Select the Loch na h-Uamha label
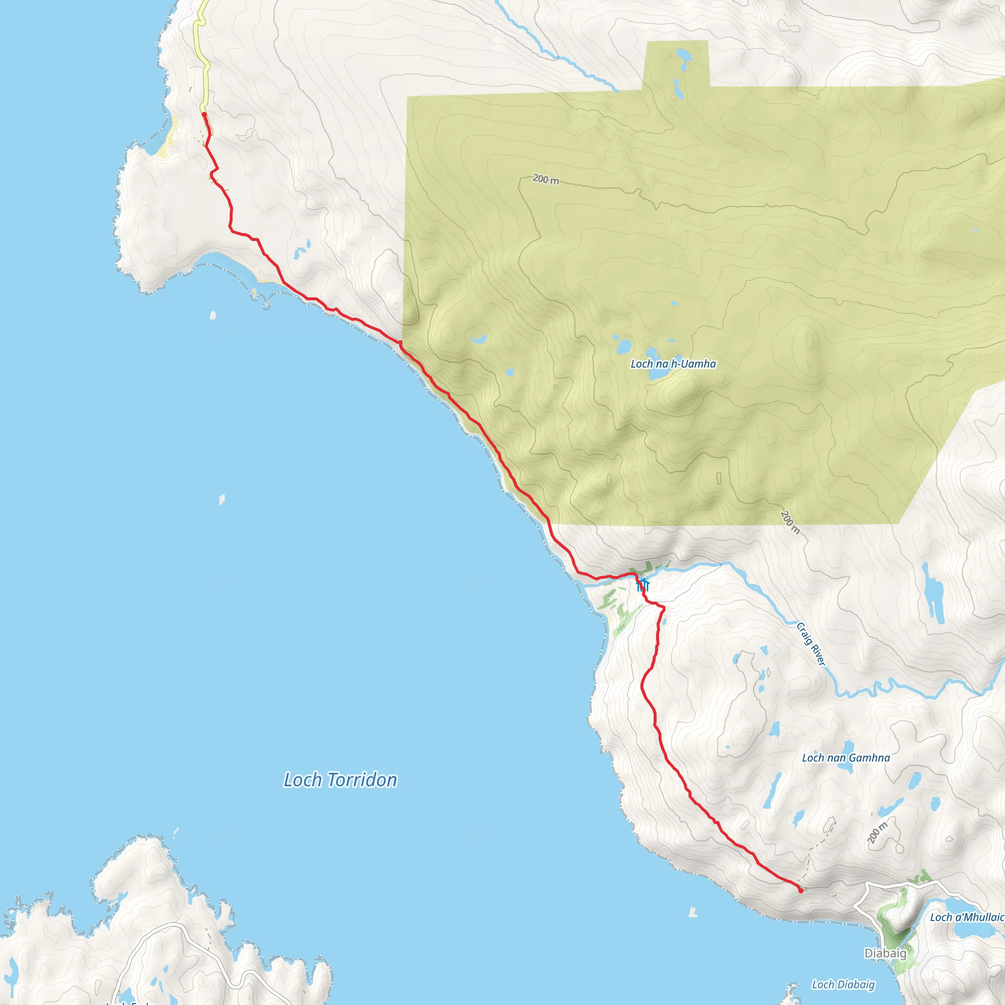pos(673,364)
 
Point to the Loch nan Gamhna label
pos(846,758)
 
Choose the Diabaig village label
pos(885,953)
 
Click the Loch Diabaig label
pos(843,984)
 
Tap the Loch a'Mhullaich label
pos(967,917)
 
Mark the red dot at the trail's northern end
pos(204,114)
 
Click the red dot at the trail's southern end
pos(800,891)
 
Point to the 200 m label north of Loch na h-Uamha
pos(546,180)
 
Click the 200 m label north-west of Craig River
pos(790,522)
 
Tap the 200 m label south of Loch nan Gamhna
pos(877,833)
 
